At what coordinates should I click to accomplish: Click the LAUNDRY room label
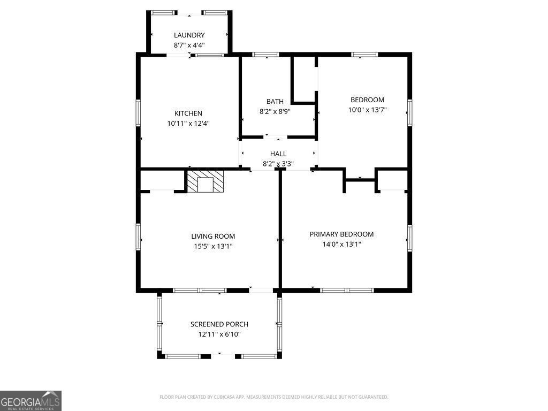189,35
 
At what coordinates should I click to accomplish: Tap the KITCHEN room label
188,113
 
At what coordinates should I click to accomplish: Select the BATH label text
275,101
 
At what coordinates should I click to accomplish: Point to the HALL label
278,154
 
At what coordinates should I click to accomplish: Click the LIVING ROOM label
213,236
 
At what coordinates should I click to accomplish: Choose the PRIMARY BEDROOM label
341,234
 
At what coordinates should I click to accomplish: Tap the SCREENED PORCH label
219,324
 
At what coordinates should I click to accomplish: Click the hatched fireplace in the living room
205,181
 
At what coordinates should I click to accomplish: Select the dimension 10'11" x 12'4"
188,124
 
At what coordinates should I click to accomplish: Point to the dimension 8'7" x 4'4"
189,45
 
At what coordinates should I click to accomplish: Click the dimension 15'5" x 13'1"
213,246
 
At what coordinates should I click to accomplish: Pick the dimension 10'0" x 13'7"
367,110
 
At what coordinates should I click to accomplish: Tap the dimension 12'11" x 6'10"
219,334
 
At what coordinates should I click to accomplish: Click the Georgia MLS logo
31,401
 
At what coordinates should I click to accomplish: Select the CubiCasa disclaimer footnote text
273,397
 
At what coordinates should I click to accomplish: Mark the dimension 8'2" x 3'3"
278,164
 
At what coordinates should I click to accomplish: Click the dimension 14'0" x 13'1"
341,244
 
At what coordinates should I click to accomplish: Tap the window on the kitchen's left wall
138,112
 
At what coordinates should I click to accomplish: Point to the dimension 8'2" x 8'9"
275,111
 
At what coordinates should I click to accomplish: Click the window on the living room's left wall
138,237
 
